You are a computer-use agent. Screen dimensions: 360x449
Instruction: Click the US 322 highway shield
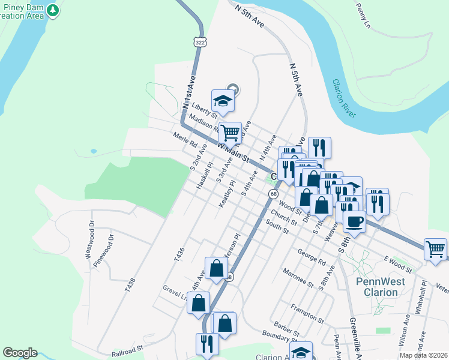(x=199, y=41)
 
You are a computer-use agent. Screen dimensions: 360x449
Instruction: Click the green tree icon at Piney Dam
(x=53, y=10)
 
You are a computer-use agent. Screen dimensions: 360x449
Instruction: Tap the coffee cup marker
(x=354, y=223)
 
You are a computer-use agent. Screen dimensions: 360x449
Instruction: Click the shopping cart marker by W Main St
(x=230, y=133)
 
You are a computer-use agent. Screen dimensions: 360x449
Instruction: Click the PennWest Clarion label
(x=381, y=286)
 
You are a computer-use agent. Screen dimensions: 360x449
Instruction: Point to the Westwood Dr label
(x=90, y=239)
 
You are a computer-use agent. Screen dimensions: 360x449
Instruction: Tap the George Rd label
(x=311, y=258)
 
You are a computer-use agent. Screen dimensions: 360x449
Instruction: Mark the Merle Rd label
(x=184, y=140)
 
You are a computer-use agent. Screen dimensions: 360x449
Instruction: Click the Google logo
(x=20, y=353)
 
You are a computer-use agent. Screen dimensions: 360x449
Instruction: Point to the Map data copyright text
(x=424, y=355)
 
